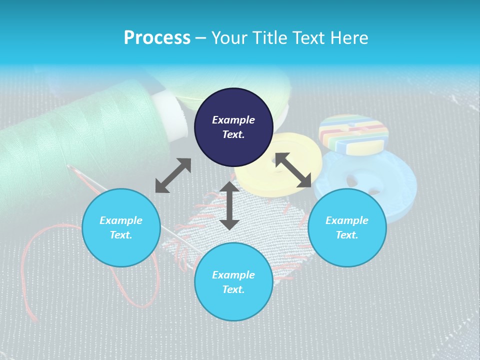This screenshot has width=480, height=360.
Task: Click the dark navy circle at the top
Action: pyautogui.click(x=233, y=127)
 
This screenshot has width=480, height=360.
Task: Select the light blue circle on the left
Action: pyautogui.click(x=121, y=227)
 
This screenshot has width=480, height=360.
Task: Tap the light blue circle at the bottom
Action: pyautogui.click(x=233, y=281)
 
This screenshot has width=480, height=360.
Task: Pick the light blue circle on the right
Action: pyautogui.click(x=347, y=227)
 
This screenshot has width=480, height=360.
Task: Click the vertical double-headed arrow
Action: pyautogui.click(x=229, y=205)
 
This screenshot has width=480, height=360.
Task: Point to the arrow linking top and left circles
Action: pyautogui.click(x=173, y=175)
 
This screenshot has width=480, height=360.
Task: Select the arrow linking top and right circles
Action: pyautogui.click(x=293, y=170)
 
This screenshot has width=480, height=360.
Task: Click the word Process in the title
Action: pyautogui.click(x=157, y=37)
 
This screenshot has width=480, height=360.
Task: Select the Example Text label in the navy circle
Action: pyautogui.click(x=233, y=127)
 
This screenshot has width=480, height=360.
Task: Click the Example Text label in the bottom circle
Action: pyautogui.click(x=233, y=282)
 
